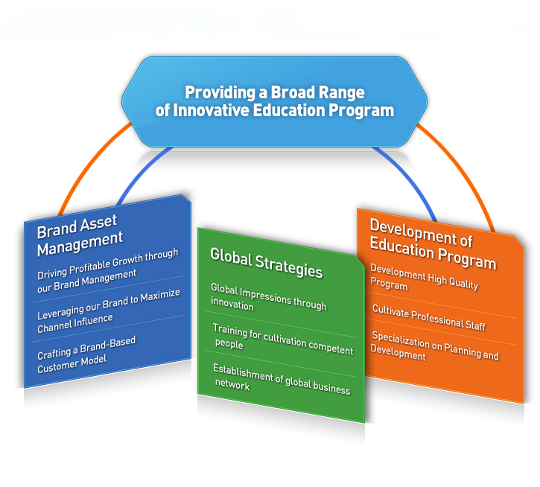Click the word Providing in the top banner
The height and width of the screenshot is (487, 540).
(x=220, y=93)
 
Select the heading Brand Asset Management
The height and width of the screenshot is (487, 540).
(x=80, y=235)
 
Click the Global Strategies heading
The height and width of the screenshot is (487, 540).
(x=267, y=263)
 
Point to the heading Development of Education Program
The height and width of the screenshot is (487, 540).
(x=433, y=244)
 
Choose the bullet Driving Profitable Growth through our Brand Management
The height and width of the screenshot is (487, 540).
(x=108, y=271)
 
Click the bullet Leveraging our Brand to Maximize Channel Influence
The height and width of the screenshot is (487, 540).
(x=109, y=311)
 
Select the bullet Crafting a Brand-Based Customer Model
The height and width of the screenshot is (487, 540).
(x=86, y=354)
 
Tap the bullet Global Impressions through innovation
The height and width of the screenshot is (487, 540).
(x=269, y=298)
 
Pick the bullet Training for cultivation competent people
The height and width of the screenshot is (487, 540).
(x=283, y=340)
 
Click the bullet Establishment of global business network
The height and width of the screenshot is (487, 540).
(x=282, y=379)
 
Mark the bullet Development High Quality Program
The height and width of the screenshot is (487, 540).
(x=424, y=278)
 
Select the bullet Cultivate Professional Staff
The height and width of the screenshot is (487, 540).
(x=429, y=317)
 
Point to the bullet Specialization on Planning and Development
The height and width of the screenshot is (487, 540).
(x=434, y=346)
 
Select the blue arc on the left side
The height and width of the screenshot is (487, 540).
(x=141, y=173)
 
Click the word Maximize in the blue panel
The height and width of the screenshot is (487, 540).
(x=160, y=296)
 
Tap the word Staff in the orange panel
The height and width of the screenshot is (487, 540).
(x=475, y=325)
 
